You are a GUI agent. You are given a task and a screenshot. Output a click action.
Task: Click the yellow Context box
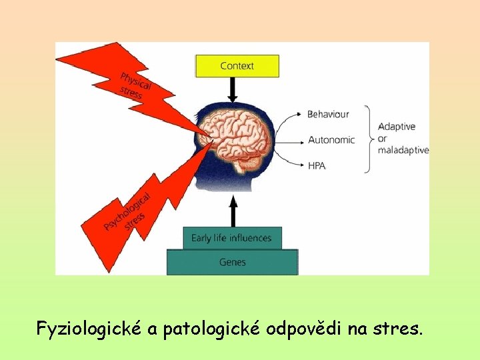[x=237, y=66]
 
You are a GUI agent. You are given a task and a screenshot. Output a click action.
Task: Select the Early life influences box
[x=231, y=238]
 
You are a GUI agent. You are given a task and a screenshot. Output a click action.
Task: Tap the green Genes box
[x=232, y=262]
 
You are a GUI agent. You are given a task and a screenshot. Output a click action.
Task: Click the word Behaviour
[x=328, y=114]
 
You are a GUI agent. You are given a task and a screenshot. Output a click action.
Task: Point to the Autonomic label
[x=331, y=140]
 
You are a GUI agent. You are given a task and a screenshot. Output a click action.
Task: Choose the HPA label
[x=317, y=165]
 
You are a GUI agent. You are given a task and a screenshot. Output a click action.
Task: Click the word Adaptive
[x=397, y=127]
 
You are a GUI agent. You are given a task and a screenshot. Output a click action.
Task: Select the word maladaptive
[x=403, y=151]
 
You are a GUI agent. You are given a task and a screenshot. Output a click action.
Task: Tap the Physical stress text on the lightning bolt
[x=135, y=85]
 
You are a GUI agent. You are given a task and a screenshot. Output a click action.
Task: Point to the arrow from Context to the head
[x=233, y=89]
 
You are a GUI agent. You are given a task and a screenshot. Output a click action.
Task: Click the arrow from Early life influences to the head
[x=233, y=211]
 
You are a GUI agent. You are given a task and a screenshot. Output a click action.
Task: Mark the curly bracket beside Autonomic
[x=367, y=139]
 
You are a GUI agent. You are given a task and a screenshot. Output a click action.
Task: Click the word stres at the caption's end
[x=401, y=329]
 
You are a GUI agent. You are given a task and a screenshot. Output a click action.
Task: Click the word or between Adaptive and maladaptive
[x=382, y=139]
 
